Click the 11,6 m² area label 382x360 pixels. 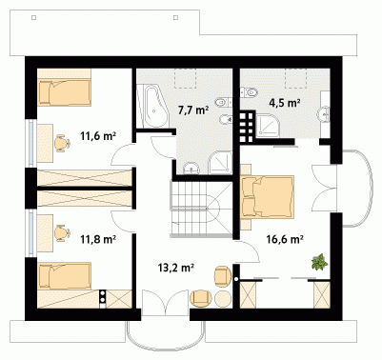point(97,136)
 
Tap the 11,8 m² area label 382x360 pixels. point(97,239)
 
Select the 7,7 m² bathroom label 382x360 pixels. point(193,110)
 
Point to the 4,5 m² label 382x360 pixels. point(285,103)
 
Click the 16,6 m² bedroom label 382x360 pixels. point(284,239)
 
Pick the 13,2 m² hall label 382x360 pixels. point(176,268)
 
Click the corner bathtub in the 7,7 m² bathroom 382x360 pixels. point(152,106)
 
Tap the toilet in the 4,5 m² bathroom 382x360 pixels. point(249,92)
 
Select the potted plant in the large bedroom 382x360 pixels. point(319,262)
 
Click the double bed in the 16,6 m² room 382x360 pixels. point(268,197)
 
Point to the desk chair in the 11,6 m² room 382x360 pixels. point(63,143)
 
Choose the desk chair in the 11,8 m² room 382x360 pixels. point(62,232)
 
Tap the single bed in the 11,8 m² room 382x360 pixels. point(65,276)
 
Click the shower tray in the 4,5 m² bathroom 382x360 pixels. point(269,126)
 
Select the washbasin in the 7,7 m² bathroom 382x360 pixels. point(191,168)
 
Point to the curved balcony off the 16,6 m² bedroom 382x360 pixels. point(357,188)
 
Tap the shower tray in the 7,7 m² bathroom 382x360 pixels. point(220,163)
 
